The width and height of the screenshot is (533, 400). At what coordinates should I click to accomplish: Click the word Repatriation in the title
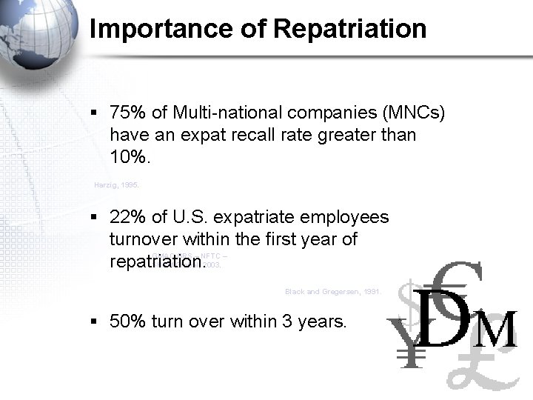349,29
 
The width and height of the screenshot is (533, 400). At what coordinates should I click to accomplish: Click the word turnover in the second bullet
141,239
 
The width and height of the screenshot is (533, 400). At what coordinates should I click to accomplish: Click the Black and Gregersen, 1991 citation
332,292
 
